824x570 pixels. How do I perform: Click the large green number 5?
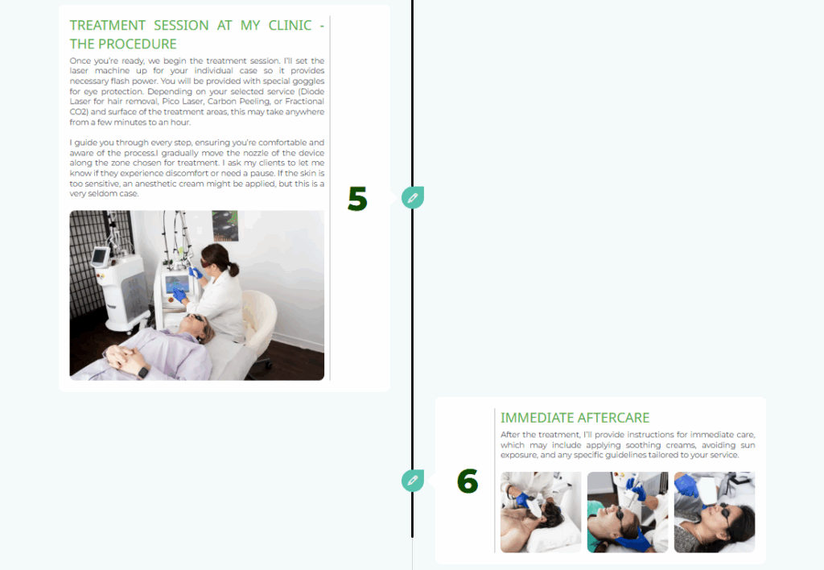[x=357, y=199]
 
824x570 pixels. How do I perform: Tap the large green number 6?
[x=468, y=481]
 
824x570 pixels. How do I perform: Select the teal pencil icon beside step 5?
[x=413, y=198]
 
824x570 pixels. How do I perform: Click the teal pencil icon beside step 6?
[x=413, y=481]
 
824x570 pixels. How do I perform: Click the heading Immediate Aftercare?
[x=575, y=418]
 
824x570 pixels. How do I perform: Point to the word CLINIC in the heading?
[x=290, y=25]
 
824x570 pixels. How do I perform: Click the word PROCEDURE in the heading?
[x=138, y=44]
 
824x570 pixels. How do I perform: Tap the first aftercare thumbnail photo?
[x=541, y=512]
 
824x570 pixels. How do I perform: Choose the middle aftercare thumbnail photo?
[x=628, y=512]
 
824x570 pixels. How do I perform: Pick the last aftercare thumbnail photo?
[x=715, y=512]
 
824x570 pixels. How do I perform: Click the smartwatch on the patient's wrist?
[x=143, y=372]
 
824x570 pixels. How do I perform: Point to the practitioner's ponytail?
[x=233, y=269]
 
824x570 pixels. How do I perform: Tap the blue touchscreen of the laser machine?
[x=177, y=284]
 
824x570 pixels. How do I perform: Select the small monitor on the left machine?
[x=99, y=257]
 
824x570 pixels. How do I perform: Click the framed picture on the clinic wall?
[x=225, y=225]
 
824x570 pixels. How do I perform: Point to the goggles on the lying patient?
[x=198, y=318]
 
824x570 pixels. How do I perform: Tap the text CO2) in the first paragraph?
[x=79, y=112]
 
